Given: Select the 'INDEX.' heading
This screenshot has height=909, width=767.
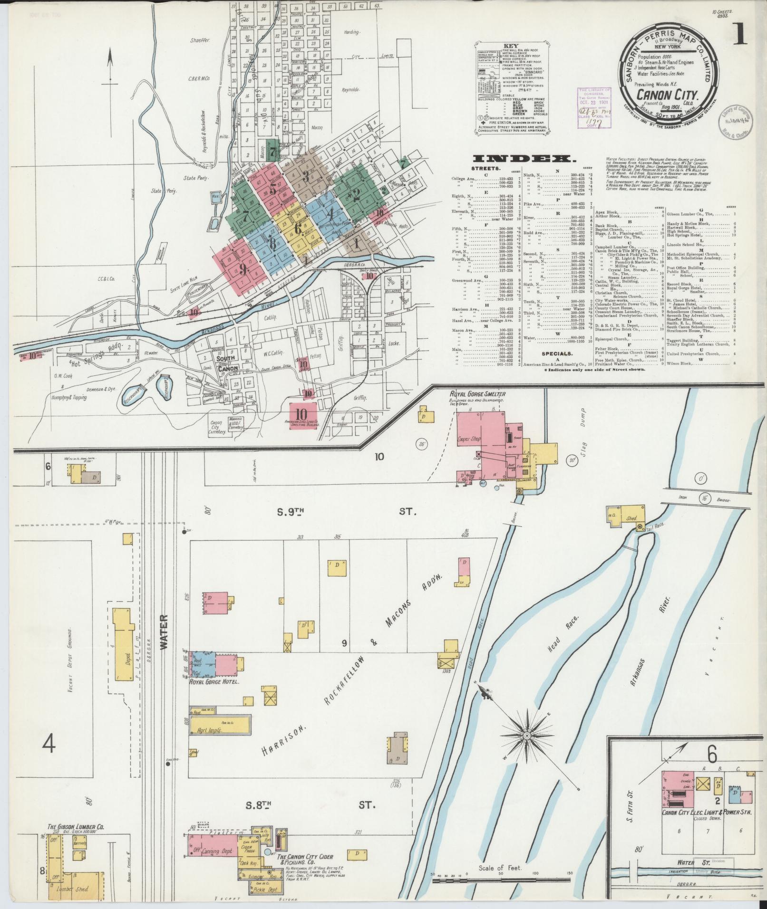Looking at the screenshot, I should click(516, 159).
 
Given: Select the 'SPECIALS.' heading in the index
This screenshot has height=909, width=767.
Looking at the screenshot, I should click(558, 354).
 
